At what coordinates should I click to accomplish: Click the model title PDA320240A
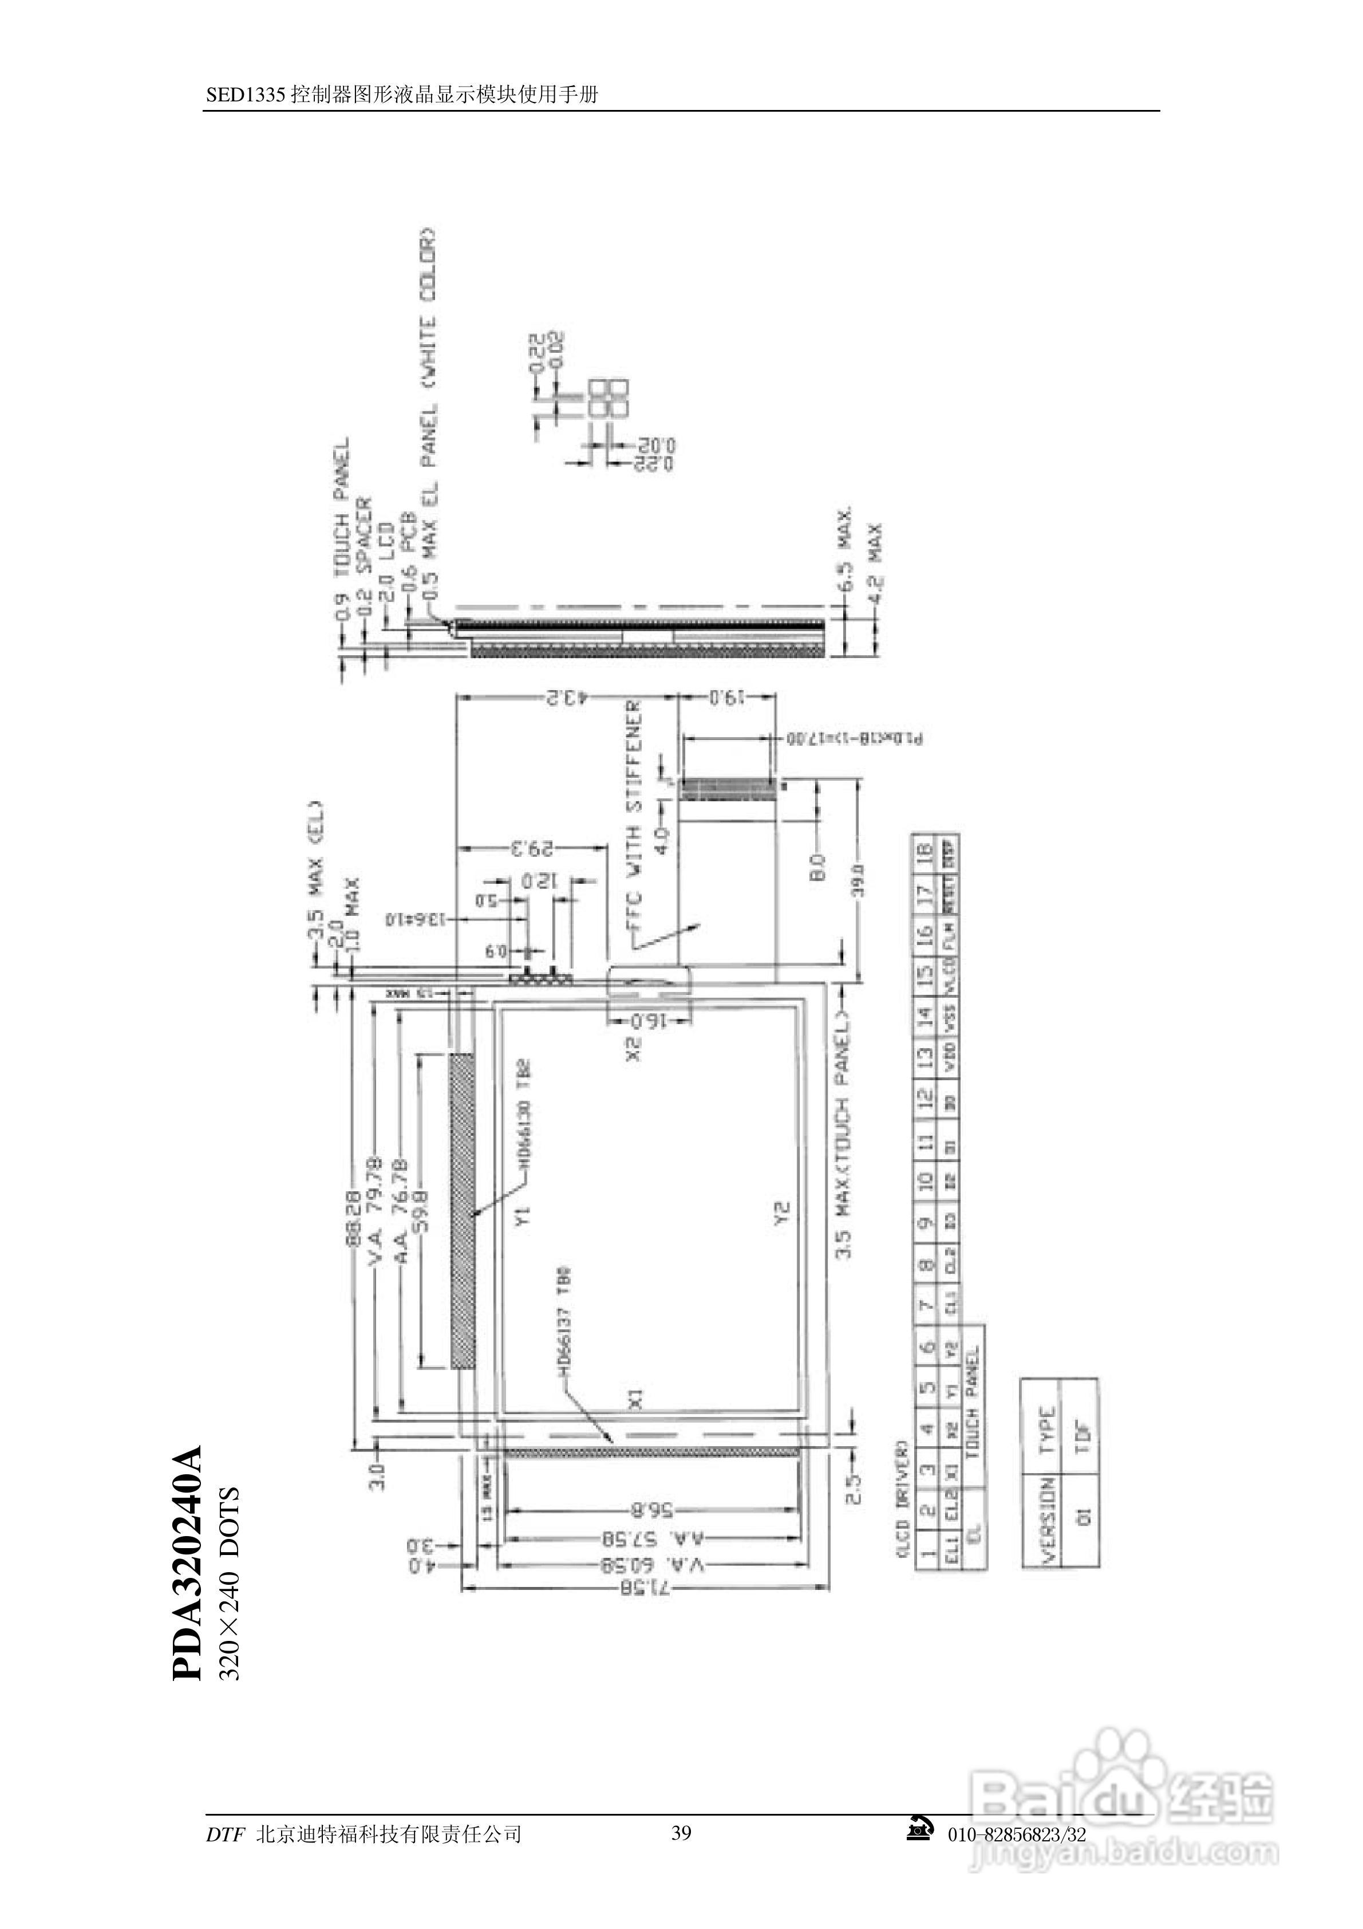point(188,1562)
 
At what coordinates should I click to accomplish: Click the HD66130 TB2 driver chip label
point(524,1113)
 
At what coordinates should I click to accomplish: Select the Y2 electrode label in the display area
point(782,1213)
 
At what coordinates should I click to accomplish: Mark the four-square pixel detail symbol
point(609,398)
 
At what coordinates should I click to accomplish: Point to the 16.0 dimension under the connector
point(649,1022)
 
